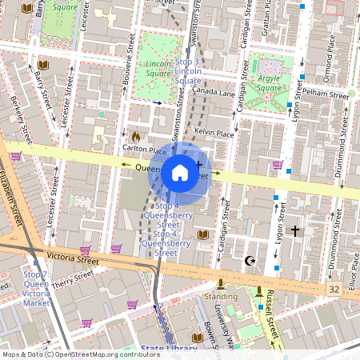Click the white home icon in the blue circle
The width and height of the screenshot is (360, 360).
tap(180, 173)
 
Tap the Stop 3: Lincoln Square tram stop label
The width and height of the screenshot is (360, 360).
tap(187, 71)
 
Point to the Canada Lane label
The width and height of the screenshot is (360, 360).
tap(214, 92)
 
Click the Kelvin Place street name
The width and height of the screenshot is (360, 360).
tap(214, 133)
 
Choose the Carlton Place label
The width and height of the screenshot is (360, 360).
tap(144, 150)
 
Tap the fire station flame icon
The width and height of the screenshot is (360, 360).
tap(135, 137)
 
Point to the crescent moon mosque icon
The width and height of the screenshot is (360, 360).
tap(250, 261)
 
